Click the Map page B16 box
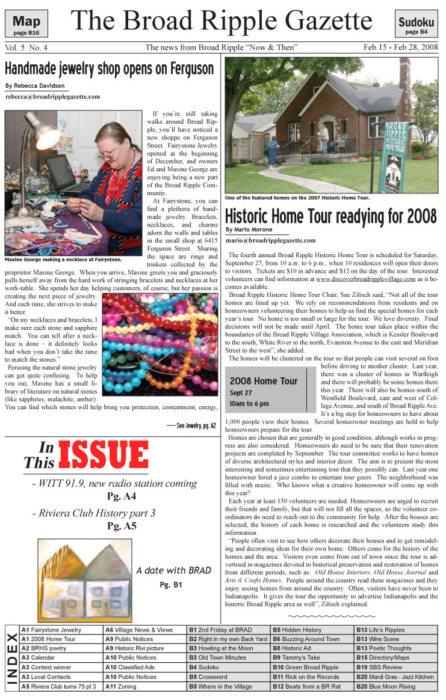[26, 25]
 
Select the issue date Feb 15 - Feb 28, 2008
[400, 47]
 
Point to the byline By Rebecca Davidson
[30, 85]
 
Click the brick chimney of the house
[404, 75]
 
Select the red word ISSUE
[103, 455]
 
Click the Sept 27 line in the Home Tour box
[241, 392]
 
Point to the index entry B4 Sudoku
[208, 667]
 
